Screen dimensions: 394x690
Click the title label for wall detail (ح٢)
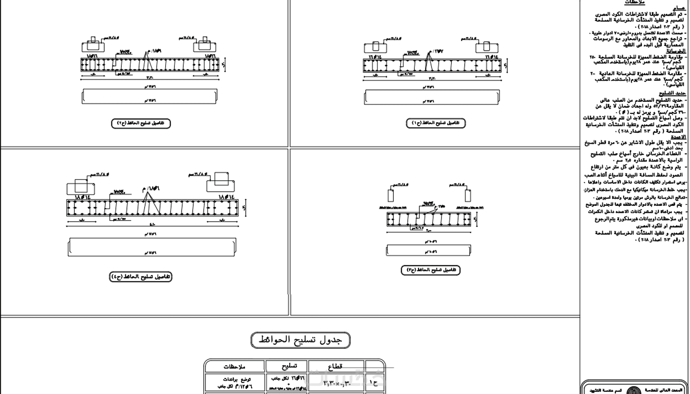click(141, 123)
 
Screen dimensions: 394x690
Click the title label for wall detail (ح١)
click(436, 123)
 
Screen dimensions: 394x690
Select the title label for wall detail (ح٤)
click(141, 277)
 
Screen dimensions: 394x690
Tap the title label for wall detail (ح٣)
click(431, 270)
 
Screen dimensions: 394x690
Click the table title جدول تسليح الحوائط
click(300, 340)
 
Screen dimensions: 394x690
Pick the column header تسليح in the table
click(287, 366)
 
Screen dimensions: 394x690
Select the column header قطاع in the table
click(336, 366)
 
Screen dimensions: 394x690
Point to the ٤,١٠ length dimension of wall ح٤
click(152, 225)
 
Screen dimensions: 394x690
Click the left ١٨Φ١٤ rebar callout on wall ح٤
click(83, 197)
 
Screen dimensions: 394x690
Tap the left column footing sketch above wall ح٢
click(93, 45)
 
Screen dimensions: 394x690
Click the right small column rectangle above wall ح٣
click(468, 195)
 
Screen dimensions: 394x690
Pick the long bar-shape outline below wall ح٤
click(152, 247)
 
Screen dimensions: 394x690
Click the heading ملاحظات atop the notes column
click(635, 2)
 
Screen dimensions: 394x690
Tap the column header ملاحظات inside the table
click(235, 366)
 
